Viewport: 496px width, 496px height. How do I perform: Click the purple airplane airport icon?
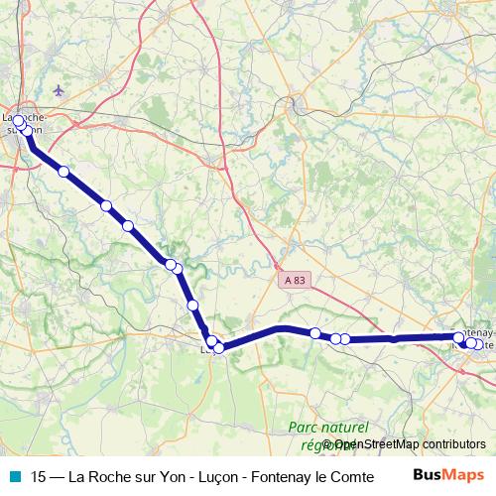59,90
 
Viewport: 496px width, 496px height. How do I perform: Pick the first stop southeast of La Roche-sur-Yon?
63,172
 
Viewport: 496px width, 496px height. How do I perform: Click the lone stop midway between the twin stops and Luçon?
192,305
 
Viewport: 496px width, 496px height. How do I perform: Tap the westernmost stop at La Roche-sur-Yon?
17,121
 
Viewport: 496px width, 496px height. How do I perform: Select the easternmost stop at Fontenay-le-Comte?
479,344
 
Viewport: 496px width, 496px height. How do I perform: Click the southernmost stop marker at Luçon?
219,348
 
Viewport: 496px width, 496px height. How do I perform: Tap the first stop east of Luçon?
314,333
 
